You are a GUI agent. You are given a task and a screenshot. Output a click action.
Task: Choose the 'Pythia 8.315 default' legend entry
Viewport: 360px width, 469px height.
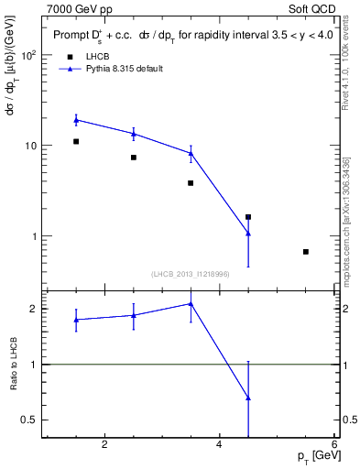(x=117, y=69)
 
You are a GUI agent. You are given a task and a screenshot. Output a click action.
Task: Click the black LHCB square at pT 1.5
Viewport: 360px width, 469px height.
(x=76, y=141)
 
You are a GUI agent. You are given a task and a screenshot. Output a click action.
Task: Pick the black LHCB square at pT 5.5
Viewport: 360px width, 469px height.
(x=306, y=251)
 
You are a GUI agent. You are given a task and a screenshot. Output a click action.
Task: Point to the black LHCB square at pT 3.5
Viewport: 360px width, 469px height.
(x=191, y=183)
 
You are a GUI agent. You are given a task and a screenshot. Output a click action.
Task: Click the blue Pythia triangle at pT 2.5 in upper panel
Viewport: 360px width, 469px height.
(x=134, y=134)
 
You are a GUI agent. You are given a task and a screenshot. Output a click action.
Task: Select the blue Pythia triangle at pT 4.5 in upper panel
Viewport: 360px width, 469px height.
(x=248, y=234)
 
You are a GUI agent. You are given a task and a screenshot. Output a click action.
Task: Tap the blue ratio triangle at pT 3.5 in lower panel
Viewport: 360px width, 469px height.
(x=191, y=303)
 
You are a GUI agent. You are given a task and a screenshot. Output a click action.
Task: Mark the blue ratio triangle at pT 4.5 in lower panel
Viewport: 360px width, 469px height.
(x=248, y=398)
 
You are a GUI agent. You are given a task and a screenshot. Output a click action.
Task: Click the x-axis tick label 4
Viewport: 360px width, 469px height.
(x=219, y=445)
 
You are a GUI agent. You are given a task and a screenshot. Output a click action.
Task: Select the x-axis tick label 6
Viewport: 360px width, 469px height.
(x=333, y=445)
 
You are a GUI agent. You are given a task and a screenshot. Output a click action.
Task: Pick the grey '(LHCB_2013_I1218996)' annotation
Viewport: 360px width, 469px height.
(x=190, y=274)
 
